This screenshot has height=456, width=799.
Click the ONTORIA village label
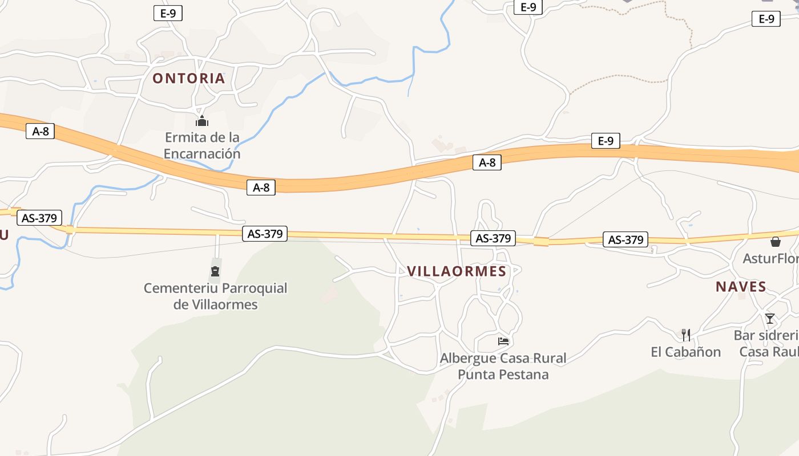(x=188, y=78)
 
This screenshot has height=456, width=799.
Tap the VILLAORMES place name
(x=457, y=271)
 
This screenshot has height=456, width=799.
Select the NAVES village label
(x=741, y=287)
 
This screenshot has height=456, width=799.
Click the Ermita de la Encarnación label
(x=202, y=145)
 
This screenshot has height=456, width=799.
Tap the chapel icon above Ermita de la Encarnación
(x=202, y=121)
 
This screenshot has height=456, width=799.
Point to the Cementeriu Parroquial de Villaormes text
(x=215, y=296)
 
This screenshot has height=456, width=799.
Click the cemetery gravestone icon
(x=215, y=271)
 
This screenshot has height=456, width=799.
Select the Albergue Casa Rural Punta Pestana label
(x=503, y=366)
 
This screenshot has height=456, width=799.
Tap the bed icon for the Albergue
(x=503, y=341)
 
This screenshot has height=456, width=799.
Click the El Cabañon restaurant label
(x=685, y=352)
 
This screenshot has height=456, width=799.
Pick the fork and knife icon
(x=686, y=335)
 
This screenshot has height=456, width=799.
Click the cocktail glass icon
(x=770, y=318)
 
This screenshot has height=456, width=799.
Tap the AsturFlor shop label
(x=770, y=258)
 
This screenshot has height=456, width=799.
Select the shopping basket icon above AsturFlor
(x=775, y=242)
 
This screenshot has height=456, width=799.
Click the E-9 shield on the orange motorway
(x=606, y=141)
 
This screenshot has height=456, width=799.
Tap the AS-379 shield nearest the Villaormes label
(x=493, y=238)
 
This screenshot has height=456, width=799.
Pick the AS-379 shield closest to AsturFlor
(x=626, y=240)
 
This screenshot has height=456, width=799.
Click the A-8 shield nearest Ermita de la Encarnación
(x=261, y=187)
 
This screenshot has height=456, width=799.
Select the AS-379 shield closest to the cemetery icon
(x=265, y=233)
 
